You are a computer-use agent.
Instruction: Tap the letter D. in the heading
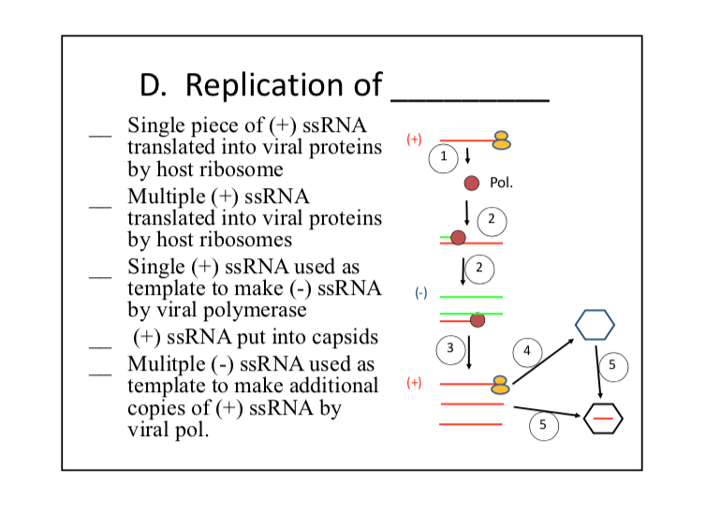[155, 86]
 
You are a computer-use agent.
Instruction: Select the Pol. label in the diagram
[501, 183]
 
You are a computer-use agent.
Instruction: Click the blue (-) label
[421, 293]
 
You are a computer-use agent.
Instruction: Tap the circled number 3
[449, 348]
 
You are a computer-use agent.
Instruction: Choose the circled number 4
[526, 351]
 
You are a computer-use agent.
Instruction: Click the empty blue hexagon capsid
[595, 324]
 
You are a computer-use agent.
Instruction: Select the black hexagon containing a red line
[602, 417]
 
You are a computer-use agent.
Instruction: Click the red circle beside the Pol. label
[473, 183]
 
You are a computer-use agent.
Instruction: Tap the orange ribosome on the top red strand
[503, 140]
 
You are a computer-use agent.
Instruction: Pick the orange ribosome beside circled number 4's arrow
[501, 383]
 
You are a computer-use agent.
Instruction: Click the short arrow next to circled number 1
[467, 155]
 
